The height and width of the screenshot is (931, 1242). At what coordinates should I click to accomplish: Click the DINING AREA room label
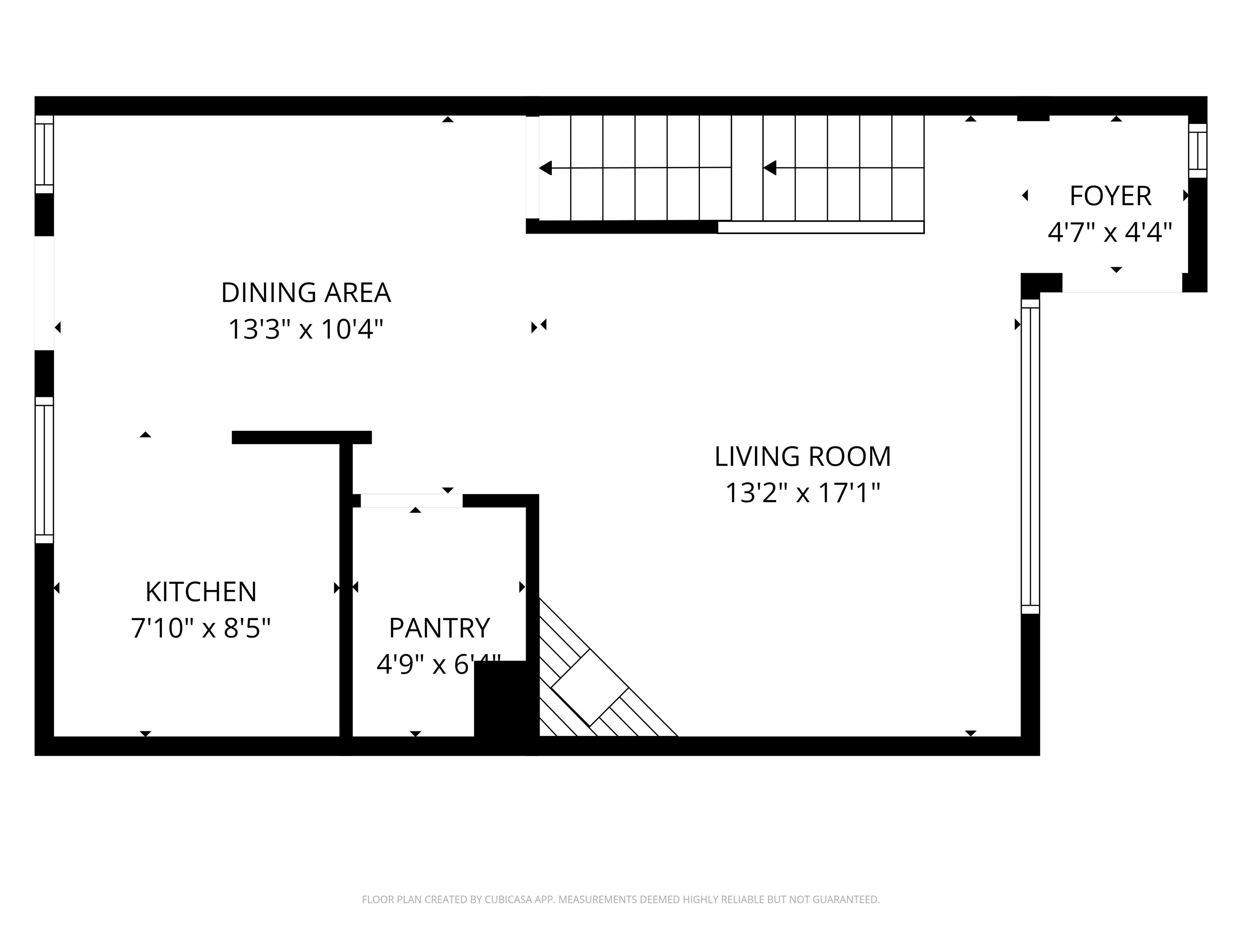tap(306, 293)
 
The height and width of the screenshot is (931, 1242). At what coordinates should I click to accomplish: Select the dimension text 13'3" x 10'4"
tap(306, 329)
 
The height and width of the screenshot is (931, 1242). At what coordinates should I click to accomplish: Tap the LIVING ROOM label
tap(803, 456)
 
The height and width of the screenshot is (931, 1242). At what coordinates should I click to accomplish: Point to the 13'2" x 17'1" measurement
tap(803, 493)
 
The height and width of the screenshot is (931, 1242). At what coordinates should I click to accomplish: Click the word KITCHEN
tap(201, 592)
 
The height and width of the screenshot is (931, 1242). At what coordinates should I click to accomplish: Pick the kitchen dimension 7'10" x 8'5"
tap(201, 628)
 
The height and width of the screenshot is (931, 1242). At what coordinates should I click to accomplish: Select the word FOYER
tap(1110, 196)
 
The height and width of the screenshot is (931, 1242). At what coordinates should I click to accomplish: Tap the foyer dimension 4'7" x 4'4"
tap(1110, 232)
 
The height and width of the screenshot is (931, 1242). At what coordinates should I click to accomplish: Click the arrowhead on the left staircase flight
tap(545, 168)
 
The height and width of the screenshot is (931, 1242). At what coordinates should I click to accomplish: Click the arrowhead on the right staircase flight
tap(770, 168)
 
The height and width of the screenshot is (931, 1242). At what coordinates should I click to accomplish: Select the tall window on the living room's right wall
tap(1030, 456)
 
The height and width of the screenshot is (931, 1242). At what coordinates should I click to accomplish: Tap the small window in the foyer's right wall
tap(1198, 150)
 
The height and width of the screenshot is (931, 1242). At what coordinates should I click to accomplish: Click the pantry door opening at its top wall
tap(411, 501)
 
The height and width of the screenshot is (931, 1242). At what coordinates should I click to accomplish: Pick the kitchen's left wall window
tap(44, 470)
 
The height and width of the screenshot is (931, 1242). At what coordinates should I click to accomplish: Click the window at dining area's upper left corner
tap(44, 154)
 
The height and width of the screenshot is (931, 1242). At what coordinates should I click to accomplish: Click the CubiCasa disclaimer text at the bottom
tap(621, 899)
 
